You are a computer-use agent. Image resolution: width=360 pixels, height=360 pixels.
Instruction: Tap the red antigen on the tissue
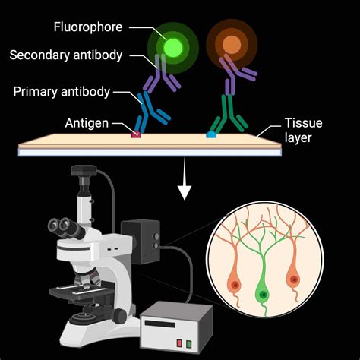click(136, 134)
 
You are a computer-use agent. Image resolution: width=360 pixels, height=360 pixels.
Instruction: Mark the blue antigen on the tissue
click(211, 134)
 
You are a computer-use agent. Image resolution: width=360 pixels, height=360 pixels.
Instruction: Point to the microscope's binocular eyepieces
click(58, 225)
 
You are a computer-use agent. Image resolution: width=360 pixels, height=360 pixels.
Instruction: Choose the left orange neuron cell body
click(235, 285)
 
